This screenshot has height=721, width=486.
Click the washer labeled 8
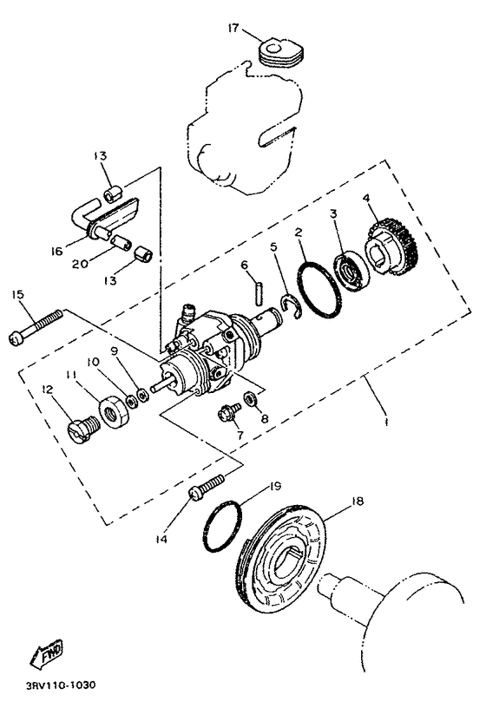click(x=249, y=398)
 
